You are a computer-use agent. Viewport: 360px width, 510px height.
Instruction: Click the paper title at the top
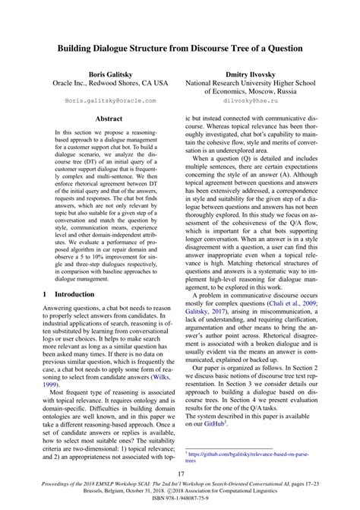pyautogui.click(x=180, y=48)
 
